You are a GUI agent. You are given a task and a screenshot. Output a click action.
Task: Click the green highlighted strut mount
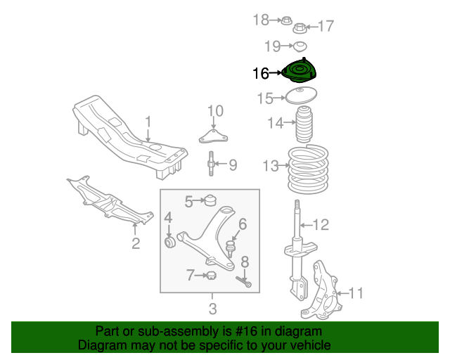[x=299, y=71]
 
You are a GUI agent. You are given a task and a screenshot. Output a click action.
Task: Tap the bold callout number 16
[x=261, y=74]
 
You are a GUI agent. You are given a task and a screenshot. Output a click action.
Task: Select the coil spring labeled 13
[x=308, y=169]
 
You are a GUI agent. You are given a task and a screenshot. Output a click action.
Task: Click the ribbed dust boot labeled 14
[x=304, y=124]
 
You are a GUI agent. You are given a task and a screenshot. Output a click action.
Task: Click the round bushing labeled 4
[x=170, y=243]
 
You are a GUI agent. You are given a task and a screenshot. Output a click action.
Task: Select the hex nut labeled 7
[x=211, y=276]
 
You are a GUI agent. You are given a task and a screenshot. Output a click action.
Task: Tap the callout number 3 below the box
[x=212, y=309]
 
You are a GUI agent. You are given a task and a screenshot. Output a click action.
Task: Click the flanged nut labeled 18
[x=286, y=20]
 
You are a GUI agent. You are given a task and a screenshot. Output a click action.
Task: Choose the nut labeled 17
[x=300, y=28]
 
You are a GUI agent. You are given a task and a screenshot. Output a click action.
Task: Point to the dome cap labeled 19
[x=300, y=46]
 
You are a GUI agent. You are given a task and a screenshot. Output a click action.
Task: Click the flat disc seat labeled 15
[x=301, y=96]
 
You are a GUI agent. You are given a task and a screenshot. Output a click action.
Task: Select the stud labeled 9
[x=211, y=163]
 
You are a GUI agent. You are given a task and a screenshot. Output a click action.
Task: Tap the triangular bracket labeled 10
[x=213, y=136]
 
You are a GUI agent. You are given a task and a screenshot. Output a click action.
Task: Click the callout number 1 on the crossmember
[x=148, y=122]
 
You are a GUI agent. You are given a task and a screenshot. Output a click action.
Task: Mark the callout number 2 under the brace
[x=136, y=243]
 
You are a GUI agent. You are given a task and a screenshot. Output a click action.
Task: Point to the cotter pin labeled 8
[x=244, y=281]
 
